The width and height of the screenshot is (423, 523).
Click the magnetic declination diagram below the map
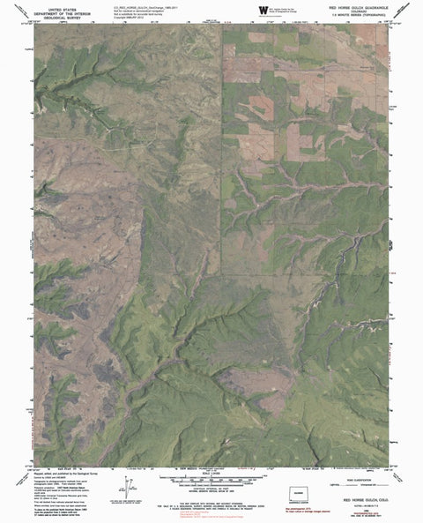129,487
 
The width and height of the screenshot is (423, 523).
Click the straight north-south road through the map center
222,176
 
